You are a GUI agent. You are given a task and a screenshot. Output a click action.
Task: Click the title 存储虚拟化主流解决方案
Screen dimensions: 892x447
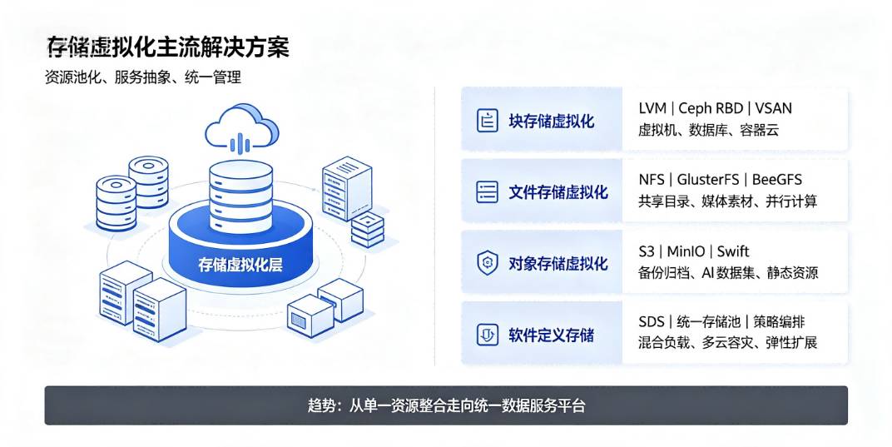168,47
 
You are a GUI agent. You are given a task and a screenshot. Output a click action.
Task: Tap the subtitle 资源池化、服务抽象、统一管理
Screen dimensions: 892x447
143,77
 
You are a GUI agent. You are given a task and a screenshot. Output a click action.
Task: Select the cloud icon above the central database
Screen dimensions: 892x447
242,128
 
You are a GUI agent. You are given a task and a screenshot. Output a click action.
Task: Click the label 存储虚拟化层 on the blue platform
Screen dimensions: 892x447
240,264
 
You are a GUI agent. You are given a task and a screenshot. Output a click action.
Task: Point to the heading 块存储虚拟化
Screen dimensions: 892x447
551,121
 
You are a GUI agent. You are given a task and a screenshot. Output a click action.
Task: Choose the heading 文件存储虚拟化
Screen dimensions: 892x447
558,192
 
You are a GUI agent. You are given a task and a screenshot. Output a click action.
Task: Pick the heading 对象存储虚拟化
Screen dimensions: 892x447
558,263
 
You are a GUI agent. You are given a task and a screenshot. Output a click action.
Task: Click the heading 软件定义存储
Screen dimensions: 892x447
551,335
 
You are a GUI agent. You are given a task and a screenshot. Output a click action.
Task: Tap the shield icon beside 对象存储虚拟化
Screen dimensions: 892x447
487,263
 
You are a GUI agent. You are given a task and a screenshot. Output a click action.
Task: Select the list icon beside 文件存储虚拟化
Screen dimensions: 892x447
487,192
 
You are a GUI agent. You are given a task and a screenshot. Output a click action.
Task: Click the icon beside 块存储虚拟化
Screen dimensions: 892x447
487,121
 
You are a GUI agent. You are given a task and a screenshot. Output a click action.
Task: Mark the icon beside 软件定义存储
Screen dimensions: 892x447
487,335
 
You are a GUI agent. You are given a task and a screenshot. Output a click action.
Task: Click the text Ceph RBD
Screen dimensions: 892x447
711,108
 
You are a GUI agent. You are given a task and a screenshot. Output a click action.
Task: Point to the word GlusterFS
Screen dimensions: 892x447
707,179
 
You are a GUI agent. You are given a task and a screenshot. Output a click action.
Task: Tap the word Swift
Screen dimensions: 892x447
733,251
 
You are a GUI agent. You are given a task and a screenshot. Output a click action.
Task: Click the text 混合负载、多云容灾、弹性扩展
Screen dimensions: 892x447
727,343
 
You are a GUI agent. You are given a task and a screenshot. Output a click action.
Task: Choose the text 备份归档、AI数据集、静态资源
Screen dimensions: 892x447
728,273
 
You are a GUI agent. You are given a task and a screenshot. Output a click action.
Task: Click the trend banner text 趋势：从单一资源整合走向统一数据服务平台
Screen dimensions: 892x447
447,405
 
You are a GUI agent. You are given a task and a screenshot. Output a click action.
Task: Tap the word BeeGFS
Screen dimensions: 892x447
776,179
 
